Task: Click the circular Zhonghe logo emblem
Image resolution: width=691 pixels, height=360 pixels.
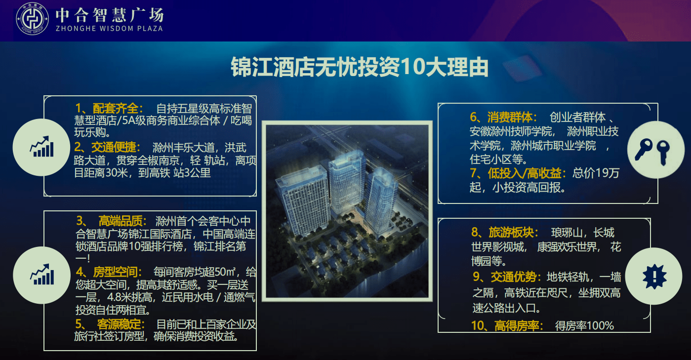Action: (33, 20)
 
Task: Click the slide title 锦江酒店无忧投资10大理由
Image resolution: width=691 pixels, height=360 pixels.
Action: (360, 68)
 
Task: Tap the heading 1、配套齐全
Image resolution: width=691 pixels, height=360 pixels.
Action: (109, 108)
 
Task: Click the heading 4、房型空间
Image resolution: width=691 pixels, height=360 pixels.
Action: (109, 272)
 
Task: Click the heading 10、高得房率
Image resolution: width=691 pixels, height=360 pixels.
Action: (506, 326)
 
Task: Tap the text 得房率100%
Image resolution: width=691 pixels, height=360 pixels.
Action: (584, 326)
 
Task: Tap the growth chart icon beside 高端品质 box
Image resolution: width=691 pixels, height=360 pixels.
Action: (41, 275)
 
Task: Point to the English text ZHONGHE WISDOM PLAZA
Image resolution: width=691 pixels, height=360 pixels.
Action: (109, 28)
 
